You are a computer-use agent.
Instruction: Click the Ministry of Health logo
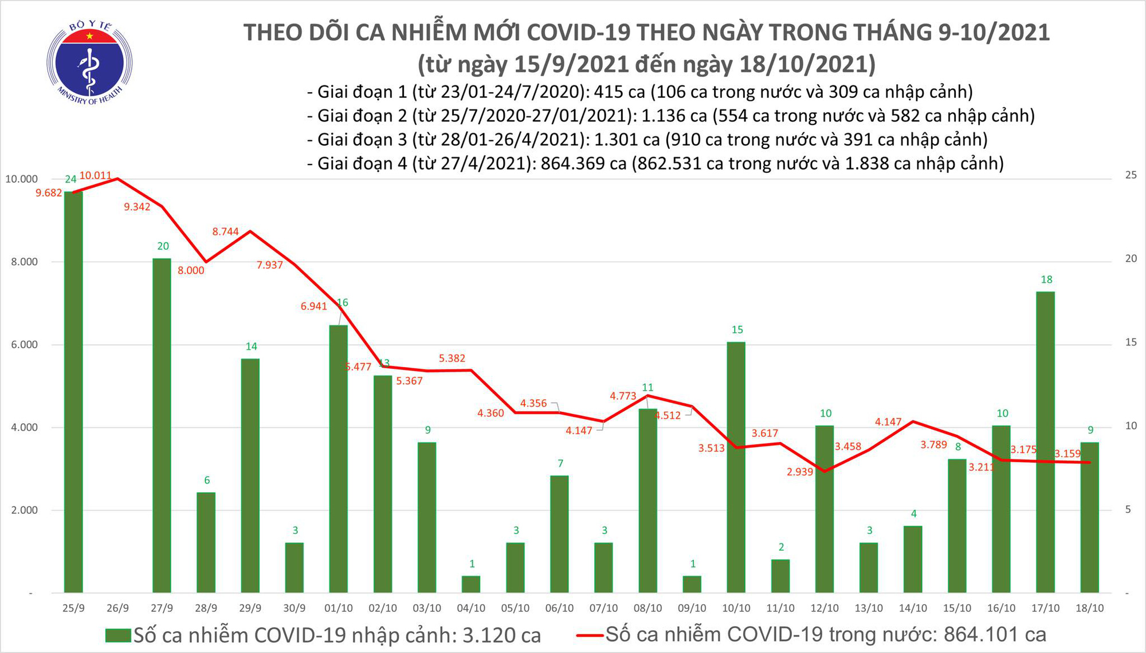click(89, 62)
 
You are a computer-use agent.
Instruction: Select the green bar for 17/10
click(1045, 441)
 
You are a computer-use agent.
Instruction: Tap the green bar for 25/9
click(73, 392)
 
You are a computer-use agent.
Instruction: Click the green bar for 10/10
click(736, 467)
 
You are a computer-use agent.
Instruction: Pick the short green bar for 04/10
click(471, 584)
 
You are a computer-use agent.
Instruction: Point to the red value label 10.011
click(95, 175)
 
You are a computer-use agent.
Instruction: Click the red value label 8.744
click(225, 231)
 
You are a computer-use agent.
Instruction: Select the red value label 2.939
click(800, 471)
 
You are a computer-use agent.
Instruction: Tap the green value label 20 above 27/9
click(163, 246)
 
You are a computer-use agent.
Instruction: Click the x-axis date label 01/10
click(338, 608)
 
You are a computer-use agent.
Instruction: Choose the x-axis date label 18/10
click(1090, 608)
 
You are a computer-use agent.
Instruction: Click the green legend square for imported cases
click(118, 635)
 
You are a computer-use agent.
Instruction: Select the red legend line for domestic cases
click(590, 635)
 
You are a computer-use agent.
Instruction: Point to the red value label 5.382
click(452, 358)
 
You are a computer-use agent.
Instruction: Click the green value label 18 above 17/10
click(1046, 280)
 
